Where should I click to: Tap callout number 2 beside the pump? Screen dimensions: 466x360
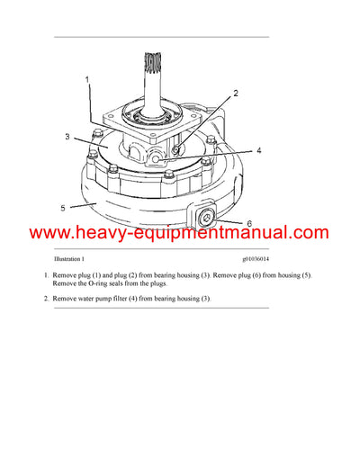point(235,94)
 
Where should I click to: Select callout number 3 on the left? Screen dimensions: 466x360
point(67,137)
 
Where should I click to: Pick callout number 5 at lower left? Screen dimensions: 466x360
point(62,207)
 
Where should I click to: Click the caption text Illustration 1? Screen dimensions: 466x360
point(69,258)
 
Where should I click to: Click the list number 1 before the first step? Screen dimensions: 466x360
point(45,273)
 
